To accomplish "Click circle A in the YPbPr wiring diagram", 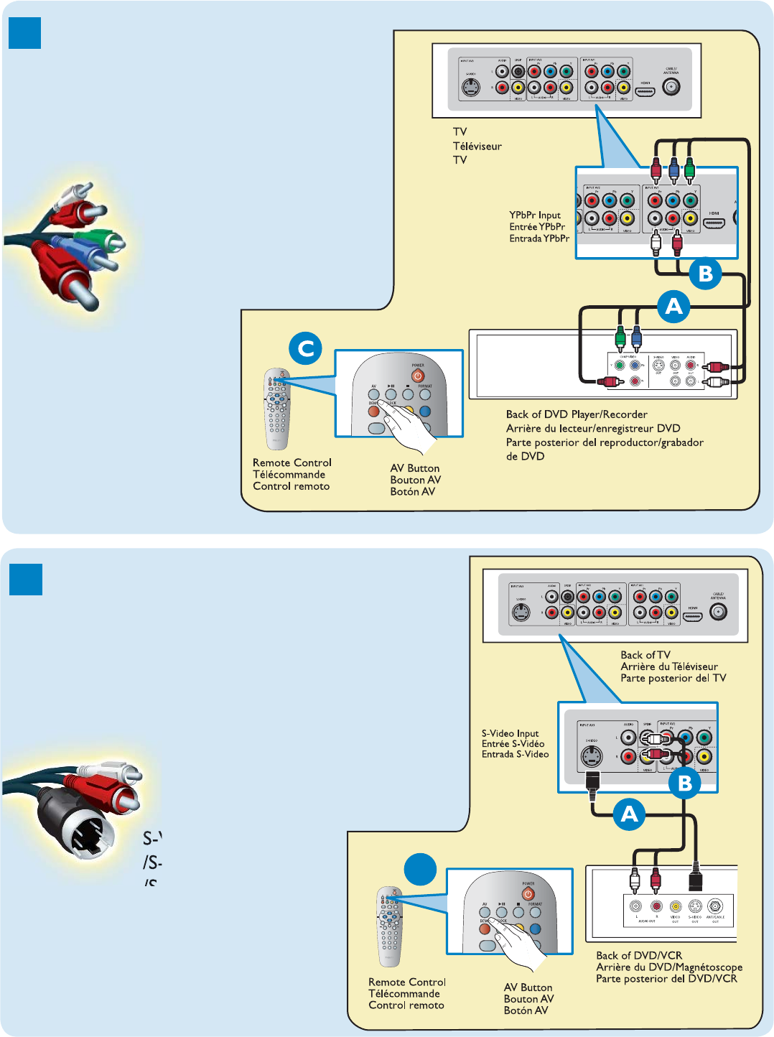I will coord(673,307).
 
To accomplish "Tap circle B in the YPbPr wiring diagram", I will coord(705,273).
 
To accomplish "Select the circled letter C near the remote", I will coord(305,349).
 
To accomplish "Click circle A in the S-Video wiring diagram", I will coord(629,814).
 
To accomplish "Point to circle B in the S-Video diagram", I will coord(684,782).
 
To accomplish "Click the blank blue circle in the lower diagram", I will coord(421,870).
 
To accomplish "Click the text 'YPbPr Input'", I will coord(535,215).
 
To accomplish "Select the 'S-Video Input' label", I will coord(510,733).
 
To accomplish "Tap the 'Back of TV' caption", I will coord(645,655).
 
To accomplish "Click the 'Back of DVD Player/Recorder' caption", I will coord(577,414).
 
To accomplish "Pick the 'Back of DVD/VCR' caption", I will coord(639,955).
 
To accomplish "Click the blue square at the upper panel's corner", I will coord(24,33).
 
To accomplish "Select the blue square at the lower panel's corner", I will coord(26,579).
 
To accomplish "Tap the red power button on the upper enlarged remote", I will coord(418,376).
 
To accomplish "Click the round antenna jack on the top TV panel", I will coord(671,88).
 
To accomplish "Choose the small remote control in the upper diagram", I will coord(276,409).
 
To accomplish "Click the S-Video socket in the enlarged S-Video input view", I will coord(591,756).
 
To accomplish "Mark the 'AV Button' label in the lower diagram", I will coord(528,987).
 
